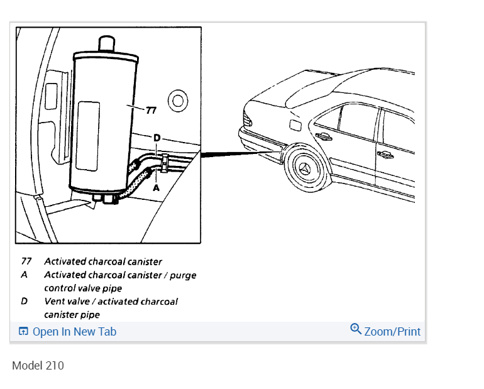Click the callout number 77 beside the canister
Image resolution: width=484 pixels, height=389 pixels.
pyautogui.click(x=151, y=111)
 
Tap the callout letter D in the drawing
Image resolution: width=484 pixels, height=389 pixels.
pyautogui.click(x=157, y=138)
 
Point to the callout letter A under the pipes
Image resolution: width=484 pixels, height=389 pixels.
pyautogui.click(x=157, y=187)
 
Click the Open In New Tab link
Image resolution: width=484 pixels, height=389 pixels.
pyautogui.click(x=74, y=332)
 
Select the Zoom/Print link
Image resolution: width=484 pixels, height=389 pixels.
pyautogui.click(x=392, y=331)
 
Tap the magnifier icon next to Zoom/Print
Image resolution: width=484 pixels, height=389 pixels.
pyautogui.click(x=356, y=329)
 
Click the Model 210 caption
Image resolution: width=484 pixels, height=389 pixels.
pyautogui.click(x=38, y=365)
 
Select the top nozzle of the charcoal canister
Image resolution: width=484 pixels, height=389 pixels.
pyautogui.click(x=106, y=45)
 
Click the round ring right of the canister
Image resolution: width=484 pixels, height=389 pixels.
pyautogui.click(x=178, y=101)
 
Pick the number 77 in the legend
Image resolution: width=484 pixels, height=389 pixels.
pyautogui.click(x=26, y=261)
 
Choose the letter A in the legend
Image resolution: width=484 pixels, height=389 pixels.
pyautogui.click(x=25, y=275)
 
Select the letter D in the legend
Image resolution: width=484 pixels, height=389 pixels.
pyautogui.click(x=25, y=301)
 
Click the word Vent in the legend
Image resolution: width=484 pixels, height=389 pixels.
pyautogui.click(x=55, y=301)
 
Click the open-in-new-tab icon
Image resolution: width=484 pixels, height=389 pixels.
pyautogui.click(x=23, y=332)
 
